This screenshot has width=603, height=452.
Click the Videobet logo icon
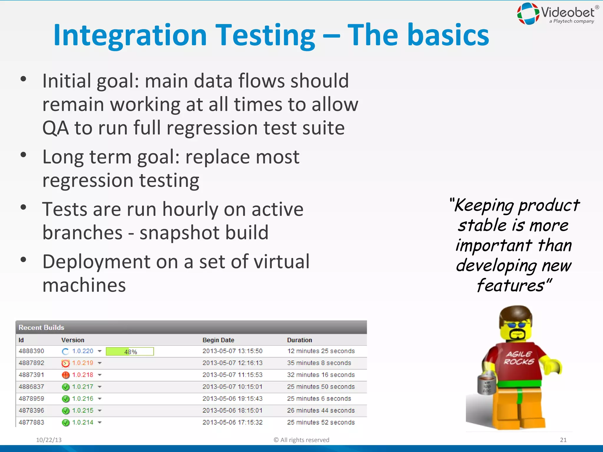(x=528, y=14)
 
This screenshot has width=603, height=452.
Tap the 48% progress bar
(x=130, y=351)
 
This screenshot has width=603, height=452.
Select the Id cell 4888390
(x=31, y=351)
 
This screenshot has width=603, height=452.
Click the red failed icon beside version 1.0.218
(x=65, y=375)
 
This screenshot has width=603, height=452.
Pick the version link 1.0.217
(x=82, y=387)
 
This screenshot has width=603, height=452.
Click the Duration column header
(x=299, y=340)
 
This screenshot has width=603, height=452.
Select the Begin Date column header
(x=218, y=340)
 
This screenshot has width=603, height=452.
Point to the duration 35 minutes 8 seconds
(x=319, y=363)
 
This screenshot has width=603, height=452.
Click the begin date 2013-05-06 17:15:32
(x=232, y=422)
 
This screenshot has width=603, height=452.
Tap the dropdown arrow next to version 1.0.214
(x=100, y=423)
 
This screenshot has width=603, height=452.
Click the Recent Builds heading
(x=41, y=328)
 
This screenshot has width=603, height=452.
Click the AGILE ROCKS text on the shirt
(x=519, y=358)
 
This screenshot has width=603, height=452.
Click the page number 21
(x=563, y=440)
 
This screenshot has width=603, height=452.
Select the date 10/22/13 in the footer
(x=49, y=440)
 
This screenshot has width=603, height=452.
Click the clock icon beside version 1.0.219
(x=65, y=363)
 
